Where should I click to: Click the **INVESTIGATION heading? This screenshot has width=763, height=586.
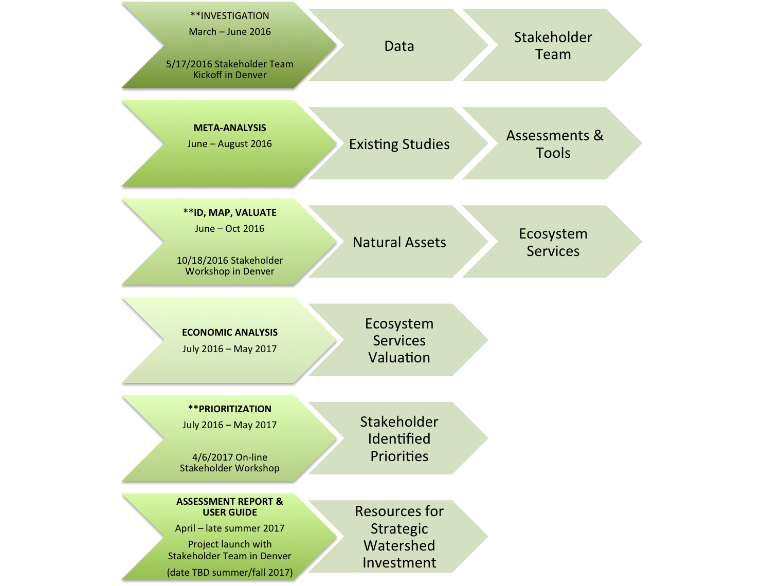click(x=230, y=16)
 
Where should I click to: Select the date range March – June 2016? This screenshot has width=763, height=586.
click(x=230, y=32)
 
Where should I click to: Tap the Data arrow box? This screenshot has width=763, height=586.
click(x=399, y=46)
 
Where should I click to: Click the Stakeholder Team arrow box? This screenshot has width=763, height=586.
click(x=553, y=46)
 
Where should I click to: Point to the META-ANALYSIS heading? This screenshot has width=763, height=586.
click(x=230, y=128)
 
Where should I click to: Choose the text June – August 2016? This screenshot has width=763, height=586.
click(x=230, y=144)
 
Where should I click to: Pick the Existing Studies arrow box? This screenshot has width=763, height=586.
click(x=399, y=144)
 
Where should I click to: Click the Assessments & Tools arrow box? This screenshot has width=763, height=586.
click(x=553, y=144)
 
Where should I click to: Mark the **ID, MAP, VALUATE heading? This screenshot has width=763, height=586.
click(x=230, y=213)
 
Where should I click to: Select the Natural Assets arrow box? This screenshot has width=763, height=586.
click(x=399, y=242)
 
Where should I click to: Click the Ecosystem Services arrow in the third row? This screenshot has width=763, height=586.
click(x=553, y=242)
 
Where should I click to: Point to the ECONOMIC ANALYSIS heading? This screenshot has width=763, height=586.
click(x=230, y=333)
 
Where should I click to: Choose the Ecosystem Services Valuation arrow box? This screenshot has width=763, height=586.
click(x=399, y=340)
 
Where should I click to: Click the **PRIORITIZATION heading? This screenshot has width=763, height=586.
click(x=230, y=409)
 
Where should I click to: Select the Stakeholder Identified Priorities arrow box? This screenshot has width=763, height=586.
click(x=399, y=438)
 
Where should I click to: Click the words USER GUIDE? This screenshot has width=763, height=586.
click(x=230, y=512)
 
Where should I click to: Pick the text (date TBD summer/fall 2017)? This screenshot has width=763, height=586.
click(x=230, y=573)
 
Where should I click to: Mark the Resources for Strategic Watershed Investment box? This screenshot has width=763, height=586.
click(x=399, y=537)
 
